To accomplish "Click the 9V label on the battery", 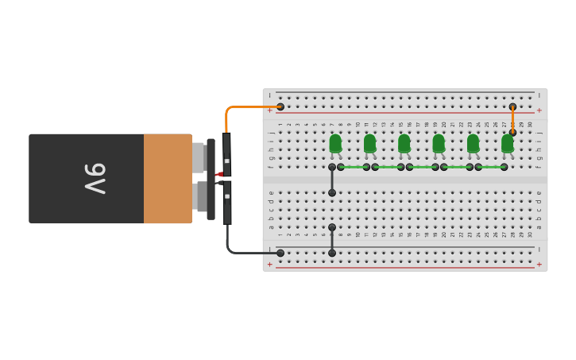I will (x=95, y=179).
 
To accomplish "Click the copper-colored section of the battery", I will (x=167, y=179).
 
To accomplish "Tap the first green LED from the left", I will (x=335, y=143).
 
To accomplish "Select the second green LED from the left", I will (x=369, y=143).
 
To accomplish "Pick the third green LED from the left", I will (x=404, y=143).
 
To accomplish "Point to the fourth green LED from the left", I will (x=439, y=143).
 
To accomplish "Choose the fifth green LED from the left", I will (x=473, y=143).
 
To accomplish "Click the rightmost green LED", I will (x=507, y=143).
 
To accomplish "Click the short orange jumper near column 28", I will (x=512, y=119).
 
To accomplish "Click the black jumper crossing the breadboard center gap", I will (x=332, y=180).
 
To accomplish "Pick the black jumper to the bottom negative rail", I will (x=332, y=240).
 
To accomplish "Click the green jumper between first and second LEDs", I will (x=354, y=167).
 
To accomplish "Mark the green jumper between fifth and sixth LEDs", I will (x=491, y=167).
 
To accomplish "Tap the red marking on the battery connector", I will (x=219, y=174).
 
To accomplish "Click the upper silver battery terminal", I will (x=199, y=157).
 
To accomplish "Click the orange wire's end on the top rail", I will (x=280, y=106).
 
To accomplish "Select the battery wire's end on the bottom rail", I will (x=280, y=253).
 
